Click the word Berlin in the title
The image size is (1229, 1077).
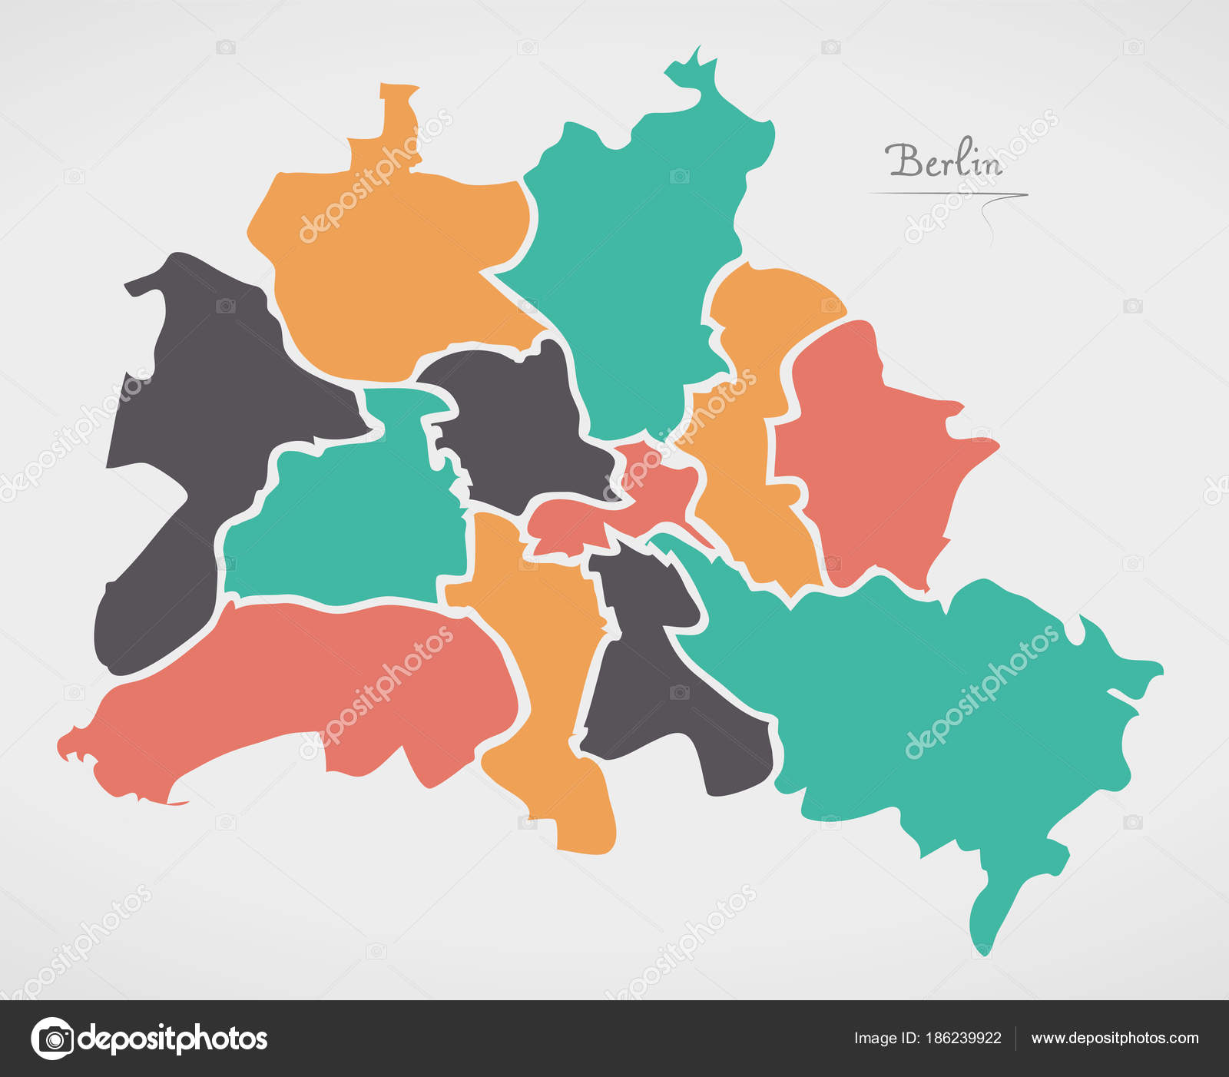943,161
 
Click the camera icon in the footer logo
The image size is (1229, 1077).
53,1039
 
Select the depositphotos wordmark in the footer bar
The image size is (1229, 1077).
173,1039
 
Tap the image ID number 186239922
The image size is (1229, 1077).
963,1038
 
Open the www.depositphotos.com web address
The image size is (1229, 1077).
1115,1038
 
